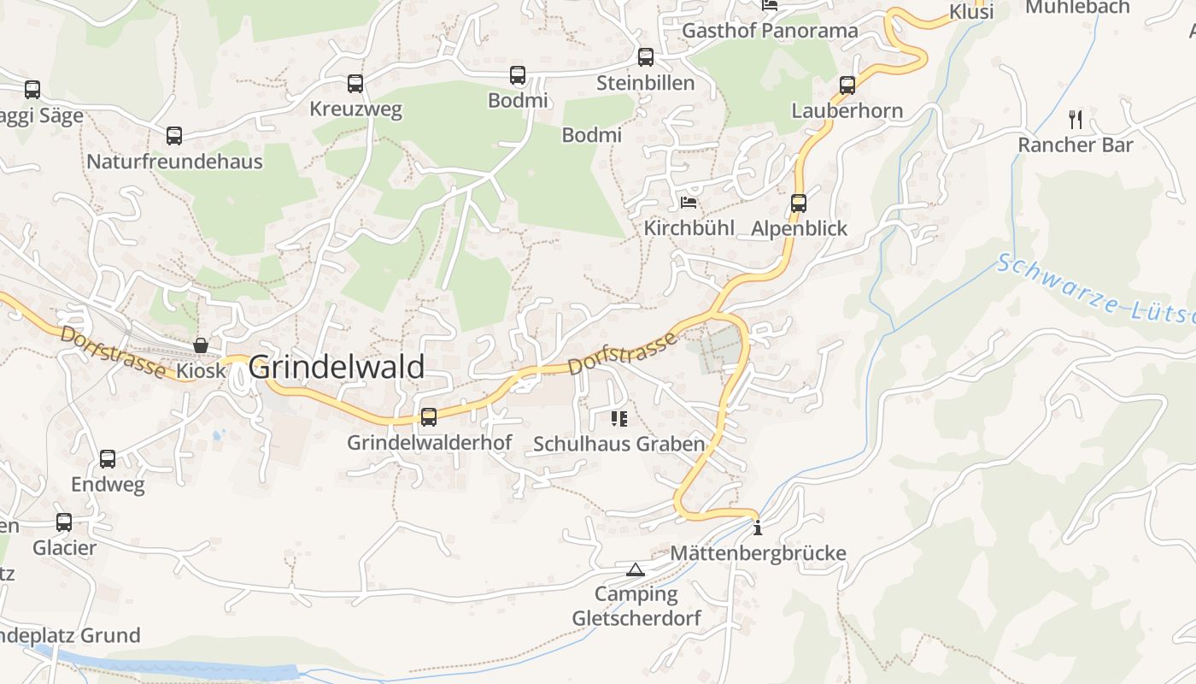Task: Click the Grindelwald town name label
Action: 337,367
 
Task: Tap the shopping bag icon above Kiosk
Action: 201,345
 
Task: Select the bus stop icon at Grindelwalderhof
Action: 429,417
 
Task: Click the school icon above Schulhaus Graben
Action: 619,419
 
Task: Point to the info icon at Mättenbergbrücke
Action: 757,528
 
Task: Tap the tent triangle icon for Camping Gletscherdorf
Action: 635,569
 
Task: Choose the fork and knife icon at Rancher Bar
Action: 1076,120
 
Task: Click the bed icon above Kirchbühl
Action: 689,203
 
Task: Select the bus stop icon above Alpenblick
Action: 799,203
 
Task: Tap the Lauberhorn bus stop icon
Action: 847,85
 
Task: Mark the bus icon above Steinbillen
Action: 646,57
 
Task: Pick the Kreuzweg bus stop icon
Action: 355,84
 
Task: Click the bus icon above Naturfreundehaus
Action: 174,135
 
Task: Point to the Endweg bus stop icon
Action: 108,459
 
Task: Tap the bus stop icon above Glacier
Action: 64,522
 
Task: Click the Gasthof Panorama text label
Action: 770,32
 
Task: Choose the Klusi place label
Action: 971,12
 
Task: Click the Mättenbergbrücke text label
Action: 758,553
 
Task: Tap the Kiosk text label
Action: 202,371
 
